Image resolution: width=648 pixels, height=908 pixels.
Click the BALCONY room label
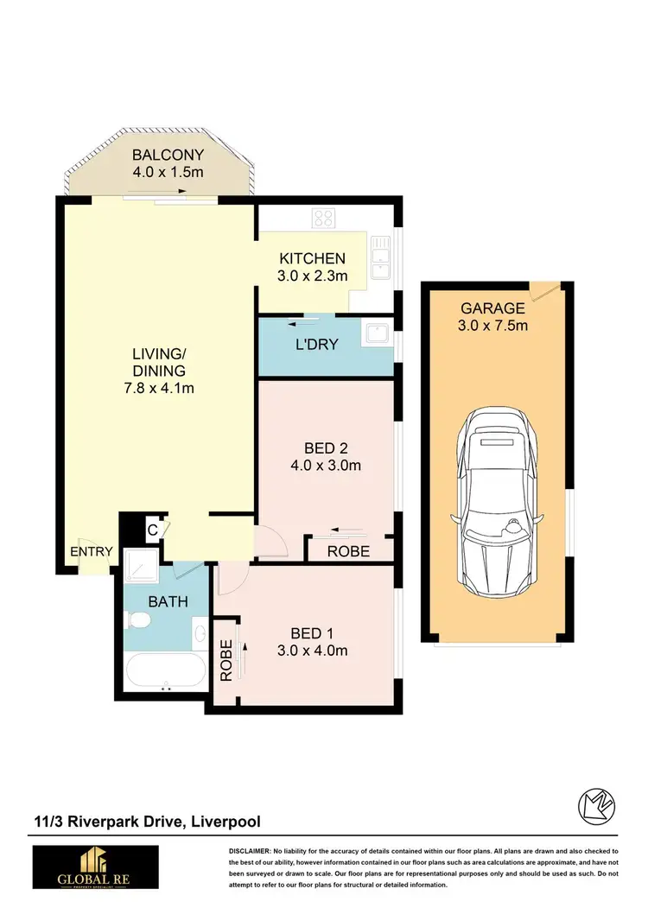168,156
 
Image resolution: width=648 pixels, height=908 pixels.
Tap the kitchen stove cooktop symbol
324,217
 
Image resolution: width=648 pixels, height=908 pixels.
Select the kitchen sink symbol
380,258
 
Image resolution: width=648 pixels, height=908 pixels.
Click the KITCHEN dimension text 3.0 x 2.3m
313,276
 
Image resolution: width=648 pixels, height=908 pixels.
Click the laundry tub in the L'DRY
377,333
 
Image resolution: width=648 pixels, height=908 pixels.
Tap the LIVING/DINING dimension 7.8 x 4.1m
159,388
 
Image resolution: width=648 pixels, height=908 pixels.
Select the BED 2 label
326,448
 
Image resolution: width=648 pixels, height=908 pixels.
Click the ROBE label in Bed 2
348,551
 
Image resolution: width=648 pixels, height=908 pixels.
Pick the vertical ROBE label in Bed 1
226,660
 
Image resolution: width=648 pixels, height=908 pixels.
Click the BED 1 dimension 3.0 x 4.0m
313,651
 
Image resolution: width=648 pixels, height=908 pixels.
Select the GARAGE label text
492,308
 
